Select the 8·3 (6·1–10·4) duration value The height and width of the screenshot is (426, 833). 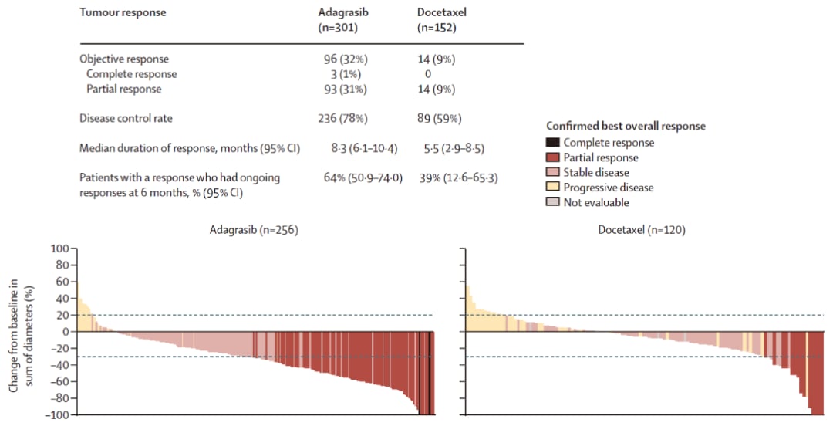click(359, 148)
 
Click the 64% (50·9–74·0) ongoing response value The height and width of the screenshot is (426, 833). click(363, 177)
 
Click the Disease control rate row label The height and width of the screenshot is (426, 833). click(126, 118)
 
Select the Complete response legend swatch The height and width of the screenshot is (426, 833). click(552, 143)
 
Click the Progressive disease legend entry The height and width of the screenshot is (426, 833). click(608, 188)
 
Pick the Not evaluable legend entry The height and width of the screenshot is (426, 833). click(595, 202)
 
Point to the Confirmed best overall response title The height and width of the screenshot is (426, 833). click(626, 126)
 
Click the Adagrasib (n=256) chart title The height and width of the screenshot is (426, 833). click(253, 230)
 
